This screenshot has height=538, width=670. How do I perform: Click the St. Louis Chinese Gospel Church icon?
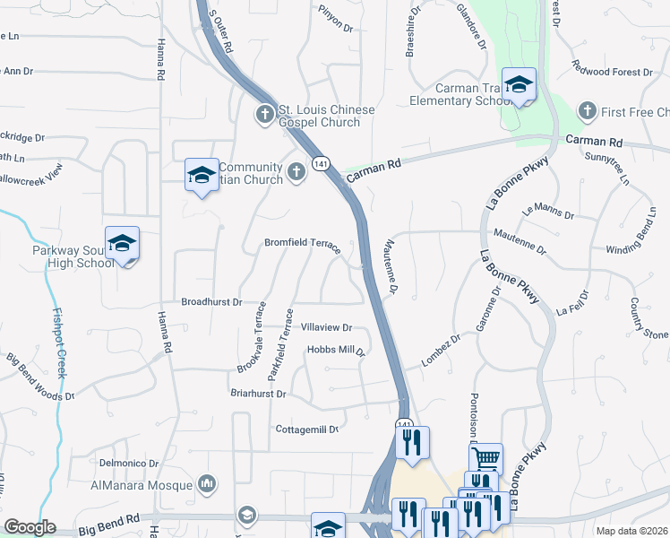click(265, 114)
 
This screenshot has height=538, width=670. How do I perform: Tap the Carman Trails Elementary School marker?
click(518, 85)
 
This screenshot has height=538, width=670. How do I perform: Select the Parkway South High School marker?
click(122, 243)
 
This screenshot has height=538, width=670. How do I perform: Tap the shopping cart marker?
click(485, 459)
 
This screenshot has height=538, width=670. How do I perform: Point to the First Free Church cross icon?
click(588, 111)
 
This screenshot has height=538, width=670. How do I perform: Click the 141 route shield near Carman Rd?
click(320, 162)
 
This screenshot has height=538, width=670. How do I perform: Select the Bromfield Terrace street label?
click(302, 244)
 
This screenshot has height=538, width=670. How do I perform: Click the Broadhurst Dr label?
click(211, 303)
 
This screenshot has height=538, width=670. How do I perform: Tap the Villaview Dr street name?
click(326, 328)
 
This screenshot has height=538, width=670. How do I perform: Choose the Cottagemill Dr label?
click(306, 430)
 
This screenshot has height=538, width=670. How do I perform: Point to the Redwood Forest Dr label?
click(619, 71)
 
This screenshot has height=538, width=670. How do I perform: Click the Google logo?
click(30, 527)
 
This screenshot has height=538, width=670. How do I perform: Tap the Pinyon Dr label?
click(336, 22)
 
